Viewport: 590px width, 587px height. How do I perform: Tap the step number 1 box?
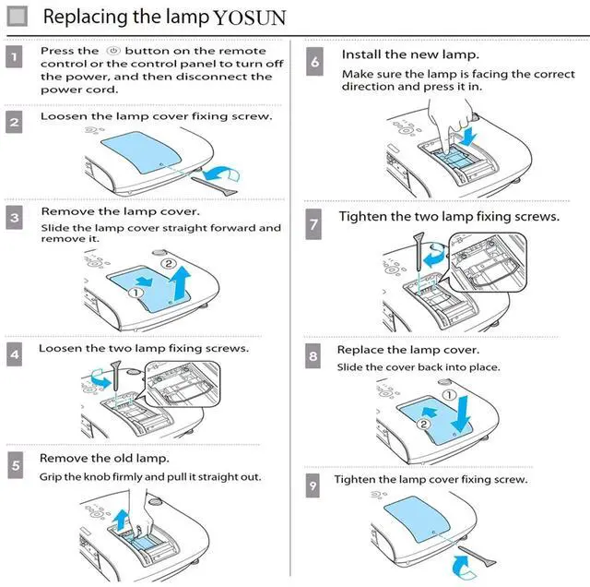(15, 58)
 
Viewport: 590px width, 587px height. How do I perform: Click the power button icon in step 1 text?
(113, 52)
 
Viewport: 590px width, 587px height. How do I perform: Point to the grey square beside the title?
(18, 17)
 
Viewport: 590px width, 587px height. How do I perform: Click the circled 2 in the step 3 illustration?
(168, 262)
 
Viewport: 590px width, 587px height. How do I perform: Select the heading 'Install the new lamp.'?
(410, 55)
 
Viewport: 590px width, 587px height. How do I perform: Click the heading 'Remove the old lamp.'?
(103, 458)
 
